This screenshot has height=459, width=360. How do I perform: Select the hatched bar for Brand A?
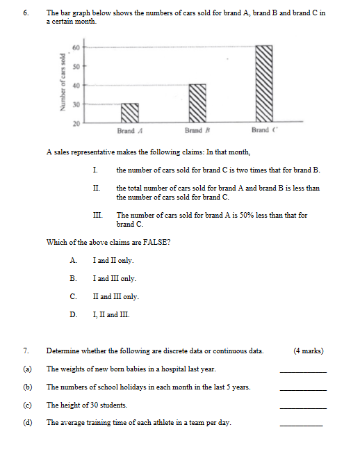pyautogui.click(x=130, y=113)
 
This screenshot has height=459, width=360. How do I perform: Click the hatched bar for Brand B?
pyautogui.click(x=198, y=103)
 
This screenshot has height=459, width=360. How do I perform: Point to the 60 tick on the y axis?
pyautogui.click(x=76, y=47)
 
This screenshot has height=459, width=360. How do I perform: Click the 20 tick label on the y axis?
pyautogui.click(x=76, y=122)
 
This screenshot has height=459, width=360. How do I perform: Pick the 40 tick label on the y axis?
pyautogui.click(x=76, y=85)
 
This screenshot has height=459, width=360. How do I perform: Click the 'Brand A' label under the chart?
pyautogui.click(x=130, y=131)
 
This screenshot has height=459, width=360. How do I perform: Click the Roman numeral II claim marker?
pyautogui.click(x=96, y=188)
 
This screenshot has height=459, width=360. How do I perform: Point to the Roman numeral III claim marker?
pyautogui.click(x=97, y=216)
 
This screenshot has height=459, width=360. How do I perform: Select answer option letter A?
pyautogui.click(x=73, y=260)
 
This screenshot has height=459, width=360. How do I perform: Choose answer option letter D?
pyautogui.click(x=73, y=314)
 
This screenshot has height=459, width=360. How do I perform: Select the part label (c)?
pyautogui.click(x=28, y=405)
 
